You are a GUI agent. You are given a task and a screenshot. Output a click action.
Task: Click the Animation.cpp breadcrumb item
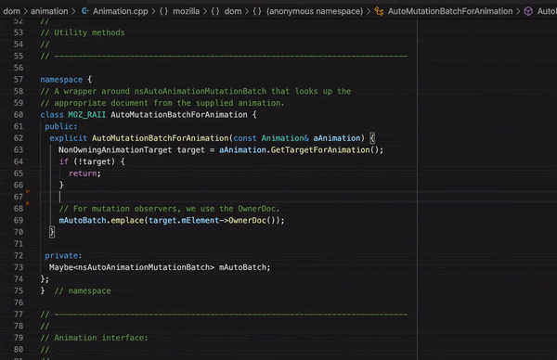(x=118, y=11)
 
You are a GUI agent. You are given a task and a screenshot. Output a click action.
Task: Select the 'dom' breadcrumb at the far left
(x=12, y=11)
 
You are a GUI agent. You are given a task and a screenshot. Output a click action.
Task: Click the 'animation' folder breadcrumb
(x=52, y=11)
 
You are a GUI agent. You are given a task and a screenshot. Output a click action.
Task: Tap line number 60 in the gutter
(x=19, y=114)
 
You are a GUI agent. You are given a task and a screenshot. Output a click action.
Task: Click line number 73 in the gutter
(x=19, y=267)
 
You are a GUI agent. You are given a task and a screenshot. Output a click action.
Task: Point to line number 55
(x=19, y=56)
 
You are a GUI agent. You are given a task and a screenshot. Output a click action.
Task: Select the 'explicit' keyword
(x=69, y=137)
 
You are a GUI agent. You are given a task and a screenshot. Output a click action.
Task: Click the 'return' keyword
(x=84, y=173)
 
